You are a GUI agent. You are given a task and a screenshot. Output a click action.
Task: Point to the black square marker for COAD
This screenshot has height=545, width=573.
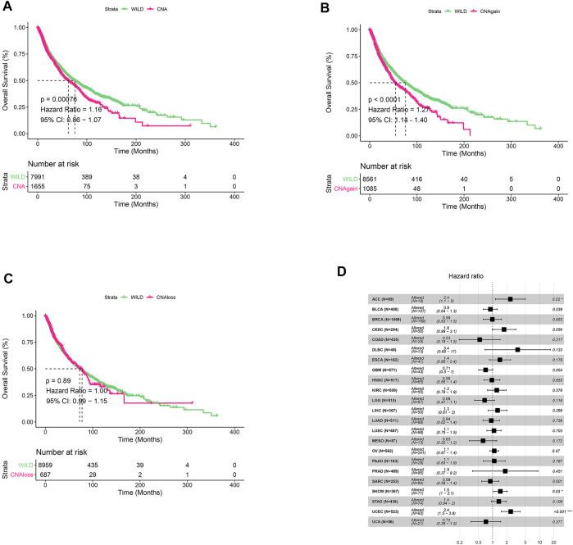tap(480, 361)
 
